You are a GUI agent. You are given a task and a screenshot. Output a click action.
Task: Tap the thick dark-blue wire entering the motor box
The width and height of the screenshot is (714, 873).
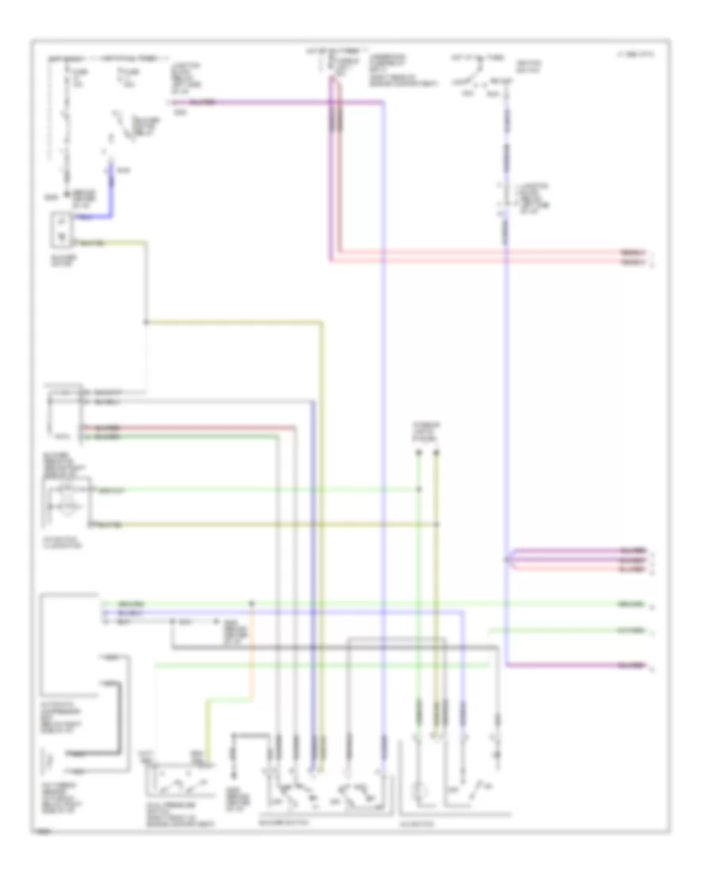(110, 198)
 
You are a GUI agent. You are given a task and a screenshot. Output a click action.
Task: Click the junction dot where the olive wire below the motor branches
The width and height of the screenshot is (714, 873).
(145, 322)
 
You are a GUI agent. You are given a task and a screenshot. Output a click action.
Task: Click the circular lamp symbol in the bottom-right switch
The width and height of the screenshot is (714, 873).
(420, 792)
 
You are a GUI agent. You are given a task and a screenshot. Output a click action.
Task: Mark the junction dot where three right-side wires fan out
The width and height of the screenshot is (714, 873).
(506, 560)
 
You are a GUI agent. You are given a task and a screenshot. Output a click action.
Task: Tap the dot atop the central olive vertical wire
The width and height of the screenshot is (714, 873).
(436, 453)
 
